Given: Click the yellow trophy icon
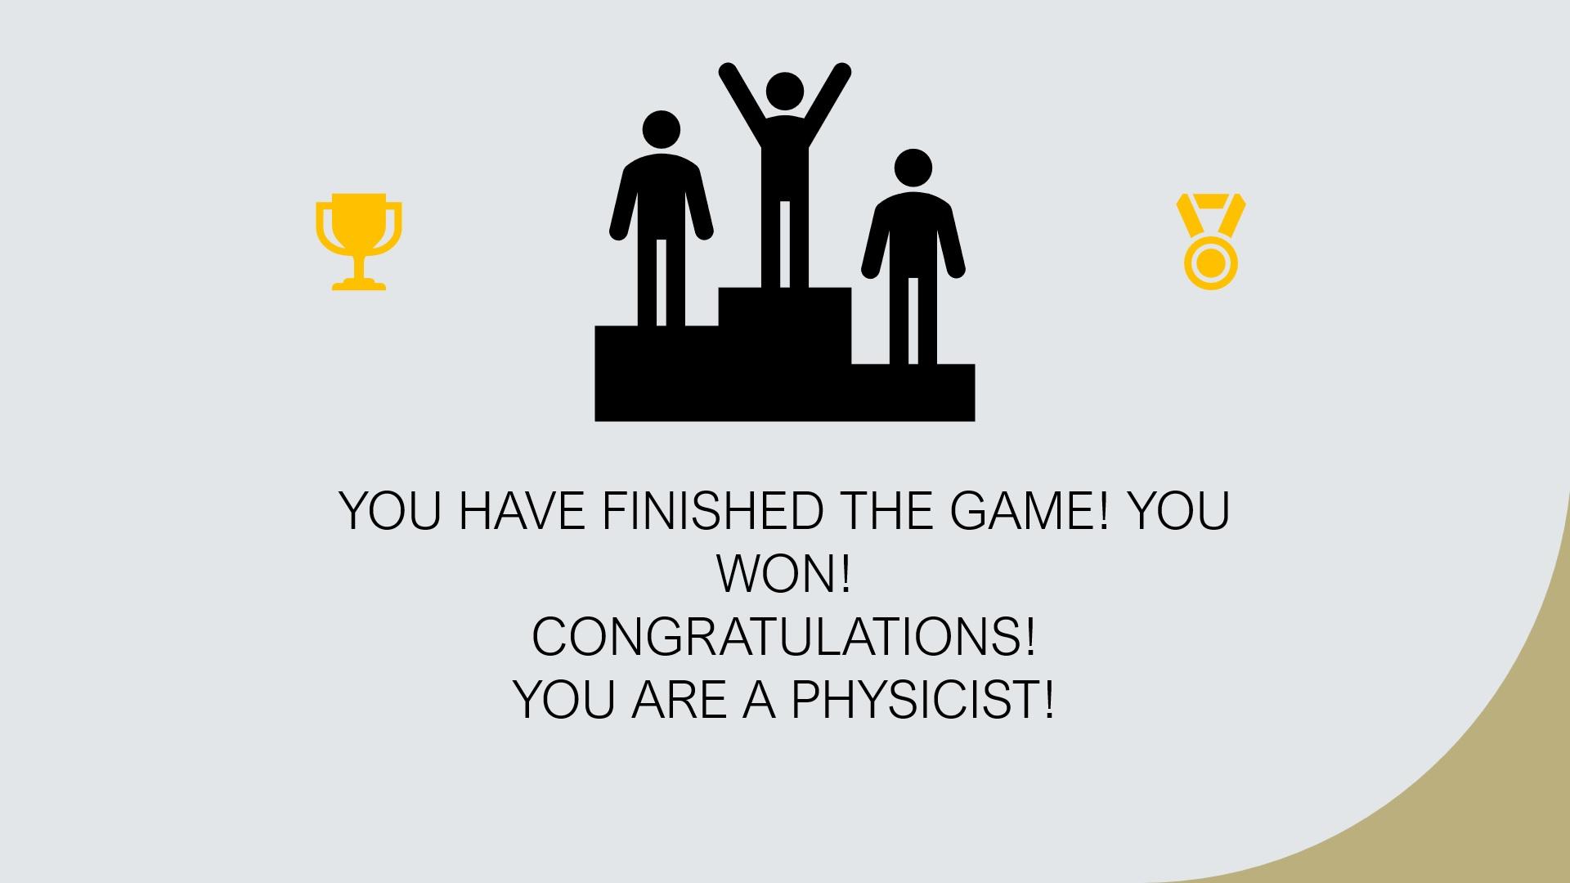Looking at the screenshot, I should tap(359, 240).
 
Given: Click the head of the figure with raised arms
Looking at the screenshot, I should tap(785, 93).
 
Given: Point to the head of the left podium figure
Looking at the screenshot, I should tap(661, 131).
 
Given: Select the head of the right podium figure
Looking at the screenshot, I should tap(913, 168).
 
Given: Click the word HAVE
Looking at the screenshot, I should tap(522, 511).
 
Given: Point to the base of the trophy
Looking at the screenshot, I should tap(359, 284).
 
